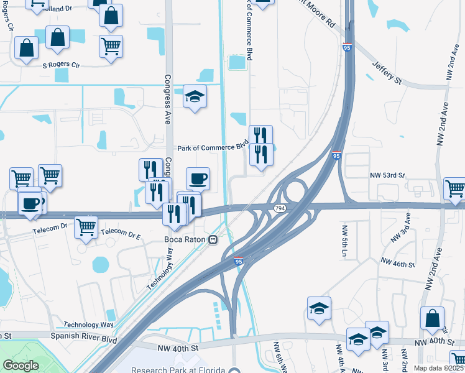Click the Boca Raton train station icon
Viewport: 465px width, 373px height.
coord(213,239)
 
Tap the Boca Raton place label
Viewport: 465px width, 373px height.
coord(185,239)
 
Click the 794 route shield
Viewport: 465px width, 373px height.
coord(280,208)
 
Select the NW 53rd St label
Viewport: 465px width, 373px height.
coord(388,177)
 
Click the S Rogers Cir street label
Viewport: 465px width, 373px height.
coord(62,65)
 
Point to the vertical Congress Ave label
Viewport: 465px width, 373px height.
coord(167,99)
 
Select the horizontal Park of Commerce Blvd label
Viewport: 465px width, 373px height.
coord(213,148)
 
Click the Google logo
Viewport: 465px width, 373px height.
coord(21,366)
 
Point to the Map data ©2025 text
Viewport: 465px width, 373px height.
coord(439,368)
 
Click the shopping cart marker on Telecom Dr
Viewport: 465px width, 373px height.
coord(86,226)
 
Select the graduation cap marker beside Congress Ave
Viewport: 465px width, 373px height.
coord(195,96)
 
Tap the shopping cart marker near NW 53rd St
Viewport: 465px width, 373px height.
coord(454,188)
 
